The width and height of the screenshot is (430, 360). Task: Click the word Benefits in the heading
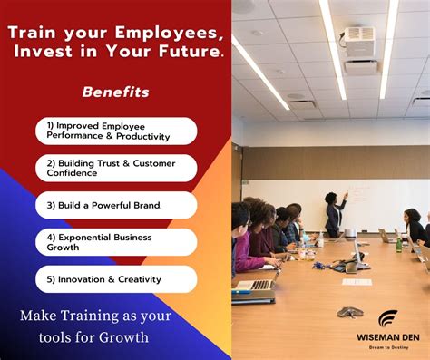coord(115,92)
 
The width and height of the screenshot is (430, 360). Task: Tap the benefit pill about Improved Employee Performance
coord(116,130)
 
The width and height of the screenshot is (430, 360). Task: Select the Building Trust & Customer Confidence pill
coord(116,168)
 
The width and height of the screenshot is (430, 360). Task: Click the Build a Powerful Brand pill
coord(116,205)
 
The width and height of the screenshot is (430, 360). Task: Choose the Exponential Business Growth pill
coord(116,242)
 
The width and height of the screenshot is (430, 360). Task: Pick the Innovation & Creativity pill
coord(116,279)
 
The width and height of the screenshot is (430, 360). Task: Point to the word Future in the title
coord(189,52)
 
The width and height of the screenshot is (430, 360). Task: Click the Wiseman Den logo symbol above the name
coord(387,317)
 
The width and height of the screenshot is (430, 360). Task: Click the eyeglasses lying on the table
coord(349,312)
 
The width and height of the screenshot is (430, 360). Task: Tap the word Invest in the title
coord(43,52)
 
